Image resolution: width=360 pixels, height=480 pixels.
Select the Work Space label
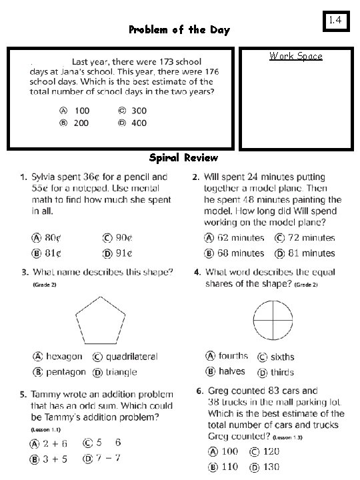tap(295, 56)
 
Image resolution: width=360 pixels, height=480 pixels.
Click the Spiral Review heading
tap(183, 158)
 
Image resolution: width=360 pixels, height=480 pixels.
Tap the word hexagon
tap(65, 357)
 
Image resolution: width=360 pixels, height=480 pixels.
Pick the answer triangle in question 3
tap(121, 372)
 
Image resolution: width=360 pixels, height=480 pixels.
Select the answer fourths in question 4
tap(233, 356)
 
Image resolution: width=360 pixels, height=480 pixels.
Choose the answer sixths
tap(282, 357)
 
